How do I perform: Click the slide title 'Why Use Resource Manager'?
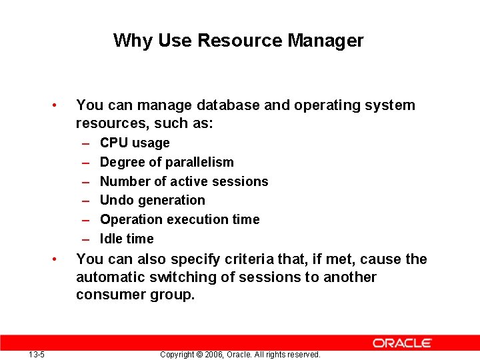click(x=238, y=41)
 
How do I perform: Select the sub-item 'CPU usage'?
click(x=135, y=143)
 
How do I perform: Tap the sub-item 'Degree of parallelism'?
click(x=167, y=162)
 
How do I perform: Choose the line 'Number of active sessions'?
click(x=184, y=181)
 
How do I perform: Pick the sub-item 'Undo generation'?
click(x=153, y=200)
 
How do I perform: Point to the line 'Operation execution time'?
click(x=179, y=219)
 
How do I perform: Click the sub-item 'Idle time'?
click(x=127, y=239)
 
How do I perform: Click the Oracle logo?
click(x=402, y=343)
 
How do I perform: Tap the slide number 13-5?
click(x=37, y=354)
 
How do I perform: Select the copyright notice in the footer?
click(x=240, y=355)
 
